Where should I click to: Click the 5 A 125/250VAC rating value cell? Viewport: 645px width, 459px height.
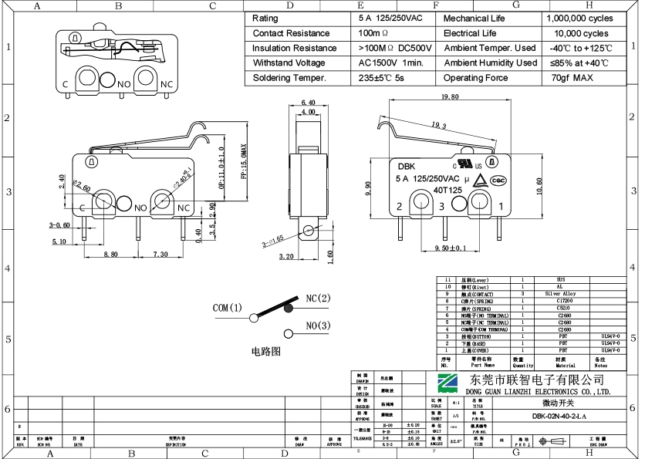tap(390, 18)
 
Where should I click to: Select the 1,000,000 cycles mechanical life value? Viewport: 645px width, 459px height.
tap(579, 18)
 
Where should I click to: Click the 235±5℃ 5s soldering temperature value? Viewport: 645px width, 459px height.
tap(381, 78)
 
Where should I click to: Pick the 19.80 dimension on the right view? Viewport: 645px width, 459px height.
tap(450, 98)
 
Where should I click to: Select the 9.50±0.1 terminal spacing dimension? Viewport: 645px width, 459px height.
tap(453, 248)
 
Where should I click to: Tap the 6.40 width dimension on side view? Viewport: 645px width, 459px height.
tap(308, 103)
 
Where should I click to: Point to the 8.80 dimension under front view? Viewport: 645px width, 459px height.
tap(110, 254)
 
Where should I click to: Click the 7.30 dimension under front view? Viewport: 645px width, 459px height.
tap(160, 254)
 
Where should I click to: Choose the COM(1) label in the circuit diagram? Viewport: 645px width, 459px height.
tap(228, 308)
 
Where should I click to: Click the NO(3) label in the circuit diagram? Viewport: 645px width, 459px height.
tap(318, 326)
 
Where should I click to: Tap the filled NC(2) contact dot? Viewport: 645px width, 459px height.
tap(289, 308)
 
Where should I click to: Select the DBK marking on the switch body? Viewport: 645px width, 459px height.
tap(407, 166)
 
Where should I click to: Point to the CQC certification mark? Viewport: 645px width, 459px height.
tap(498, 181)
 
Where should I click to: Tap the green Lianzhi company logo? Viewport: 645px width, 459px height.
tap(448, 383)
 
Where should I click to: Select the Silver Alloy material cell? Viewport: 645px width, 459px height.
tap(560, 294)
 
